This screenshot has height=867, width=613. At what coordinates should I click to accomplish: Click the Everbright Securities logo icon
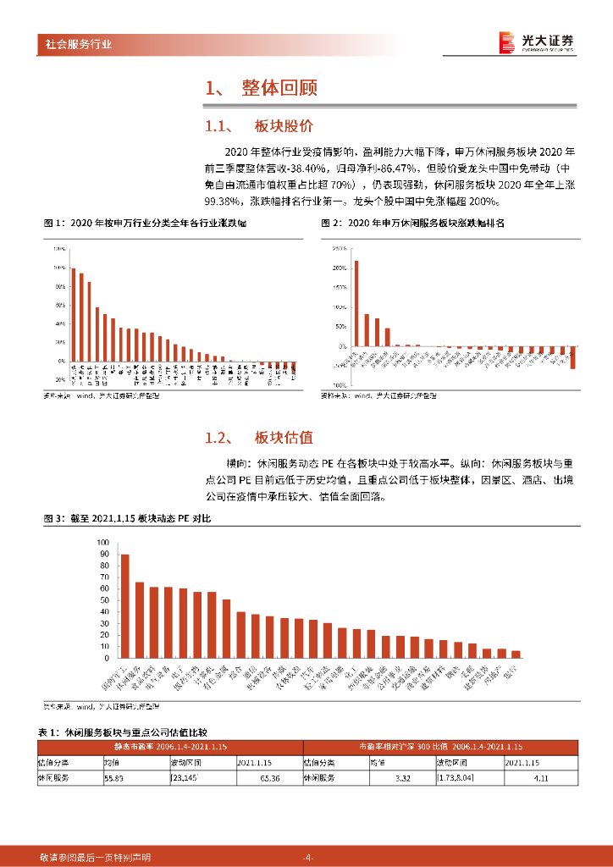click(x=505, y=41)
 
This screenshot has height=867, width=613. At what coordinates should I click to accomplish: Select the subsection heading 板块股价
click(x=284, y=126)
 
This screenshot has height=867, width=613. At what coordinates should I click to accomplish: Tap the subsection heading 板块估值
click(x=284, y=438)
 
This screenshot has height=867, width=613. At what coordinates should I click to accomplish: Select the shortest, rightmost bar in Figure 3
click(x=516, y=654)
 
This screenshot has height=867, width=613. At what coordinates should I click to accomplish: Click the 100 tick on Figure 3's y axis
click(x=103, y=542)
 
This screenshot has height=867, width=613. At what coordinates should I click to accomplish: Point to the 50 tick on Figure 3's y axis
click(x=105, y=599)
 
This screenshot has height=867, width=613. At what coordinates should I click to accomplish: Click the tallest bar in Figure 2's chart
click(x=356, y=303)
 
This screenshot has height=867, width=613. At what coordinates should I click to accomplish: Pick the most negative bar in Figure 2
click(x=573, y=357)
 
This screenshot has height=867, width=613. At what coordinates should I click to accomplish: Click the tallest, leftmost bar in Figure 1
click(x=73, y=314)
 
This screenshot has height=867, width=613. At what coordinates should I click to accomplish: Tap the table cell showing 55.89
click(x=113, y=776)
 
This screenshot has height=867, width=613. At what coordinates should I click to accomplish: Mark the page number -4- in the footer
click(x=306, y=857)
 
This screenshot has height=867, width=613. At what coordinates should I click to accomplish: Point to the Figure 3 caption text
click(x=127, y=517)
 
